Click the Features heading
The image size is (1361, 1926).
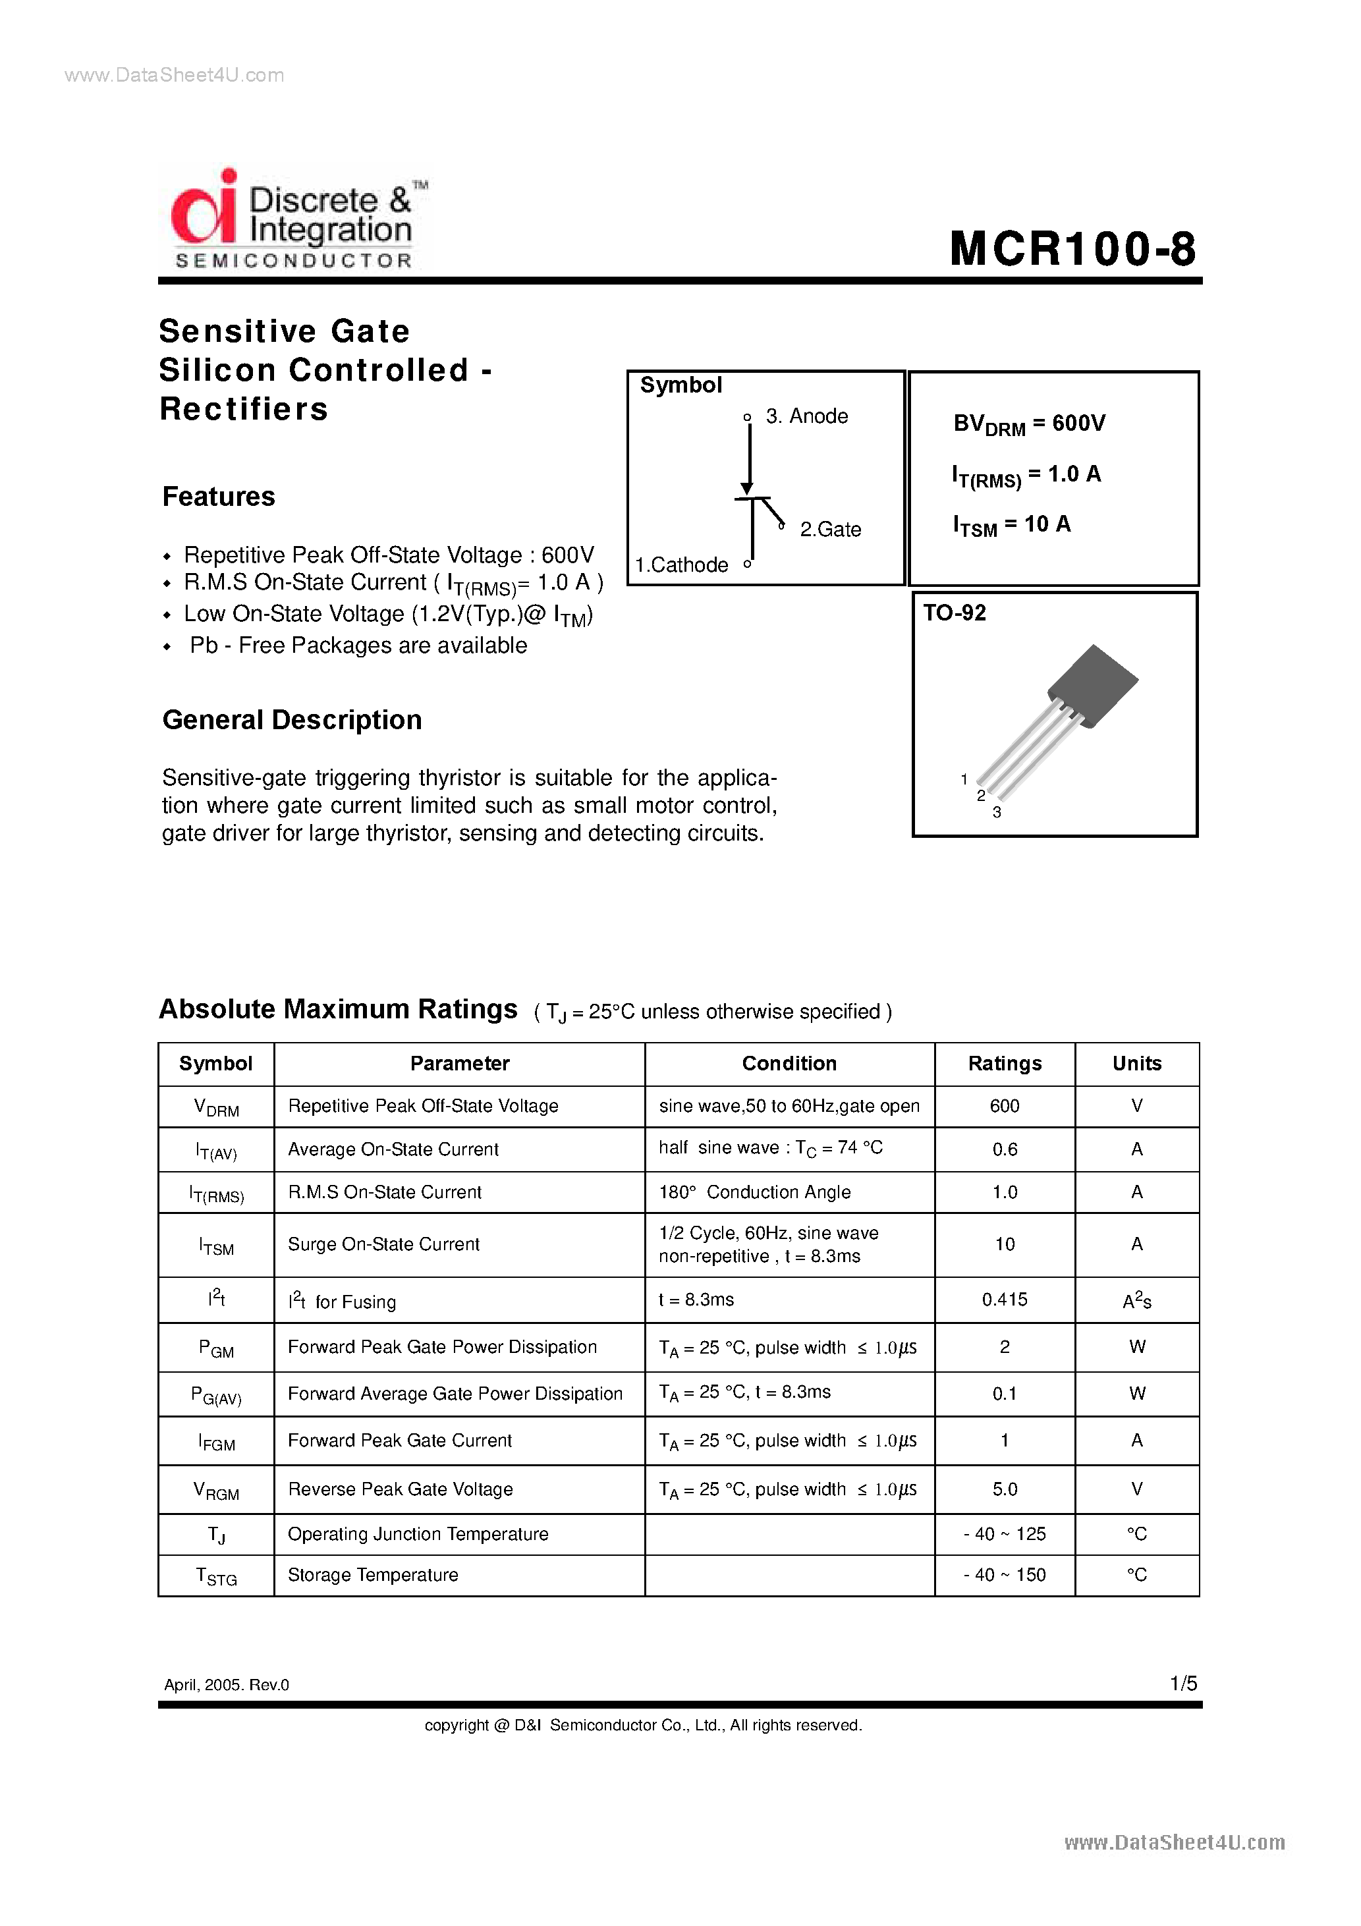pos(218,497)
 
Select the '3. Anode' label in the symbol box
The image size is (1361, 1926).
pos(806,416)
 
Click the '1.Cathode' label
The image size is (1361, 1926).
pos(681,564)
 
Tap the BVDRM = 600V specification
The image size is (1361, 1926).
pos(1029,424)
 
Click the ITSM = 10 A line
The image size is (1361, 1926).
pos(1011,525)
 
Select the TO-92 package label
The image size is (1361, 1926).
pos(954,613)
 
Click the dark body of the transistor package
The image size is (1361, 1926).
pos(1092,684)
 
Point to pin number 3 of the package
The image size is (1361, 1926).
pos(997,812)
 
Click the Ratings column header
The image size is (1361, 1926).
pos(1005,1063)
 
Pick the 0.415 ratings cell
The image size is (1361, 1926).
pos(1005,1300)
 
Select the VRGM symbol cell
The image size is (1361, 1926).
pos(215,1490)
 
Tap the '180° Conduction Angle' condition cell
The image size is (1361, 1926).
pos(754,1192)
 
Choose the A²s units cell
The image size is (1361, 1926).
pos(1136,1300)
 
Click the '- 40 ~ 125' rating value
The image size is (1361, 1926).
pos(1005,1533)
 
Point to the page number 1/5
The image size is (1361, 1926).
pos(1183,1684)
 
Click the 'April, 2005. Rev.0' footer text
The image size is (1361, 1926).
pos(227,1684)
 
